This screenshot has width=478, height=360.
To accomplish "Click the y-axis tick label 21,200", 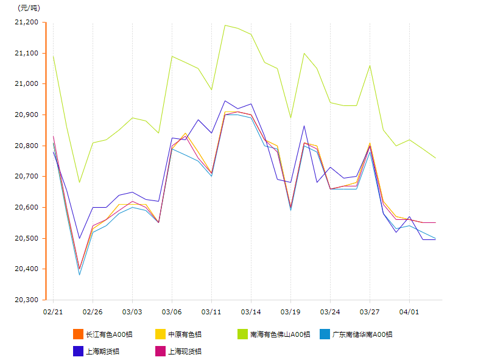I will pyautogui.click(x=26, y=23).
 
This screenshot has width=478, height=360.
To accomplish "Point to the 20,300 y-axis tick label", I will pyautogui.click(x=26, y=300).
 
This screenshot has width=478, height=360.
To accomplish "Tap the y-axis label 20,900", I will pyautogui.click(x=26, y=115).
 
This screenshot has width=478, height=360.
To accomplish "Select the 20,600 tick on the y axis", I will pyautogui.click(x=26, y=207).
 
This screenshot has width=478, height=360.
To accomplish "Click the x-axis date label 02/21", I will pyautogui.click(x=53, y=311).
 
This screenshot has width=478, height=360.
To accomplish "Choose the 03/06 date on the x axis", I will pyautogui.click(x=172, y=311).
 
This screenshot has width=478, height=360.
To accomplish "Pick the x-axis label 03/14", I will pyautogui.click(x=251, y=311).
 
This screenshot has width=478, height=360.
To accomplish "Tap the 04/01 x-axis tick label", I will pyautogui.click(x=409, y=311).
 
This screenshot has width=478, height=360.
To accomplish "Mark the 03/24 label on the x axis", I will pyautogui.click(x=330, y=311).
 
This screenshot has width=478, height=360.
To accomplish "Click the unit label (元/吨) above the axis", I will pyautogui.click(x=29, y=8).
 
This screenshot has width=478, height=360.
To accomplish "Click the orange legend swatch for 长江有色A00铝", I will pyautogui.click(x=78, y=334).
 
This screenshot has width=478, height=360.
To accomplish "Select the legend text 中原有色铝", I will pyautogui.click(x=185, y=334).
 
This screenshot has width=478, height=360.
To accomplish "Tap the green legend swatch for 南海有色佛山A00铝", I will pyautogui.click(x=243, y=334).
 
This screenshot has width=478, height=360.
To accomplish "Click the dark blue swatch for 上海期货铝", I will pyautogui.click(x=78, y=351).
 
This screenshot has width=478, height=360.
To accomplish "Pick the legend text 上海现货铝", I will pyautogui.click(x=185, y=351).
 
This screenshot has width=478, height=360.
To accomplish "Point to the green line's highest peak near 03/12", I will pyautogui.click(x=225, y=25).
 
